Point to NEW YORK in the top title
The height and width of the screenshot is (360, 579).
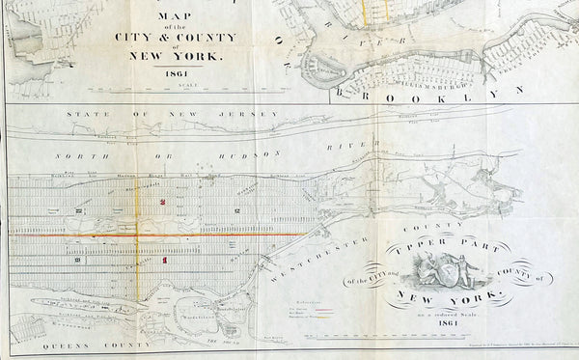coord(175,56)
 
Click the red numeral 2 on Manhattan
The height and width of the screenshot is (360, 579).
coord(164,201)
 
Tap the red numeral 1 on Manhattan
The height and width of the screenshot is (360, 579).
coord(165,260)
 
